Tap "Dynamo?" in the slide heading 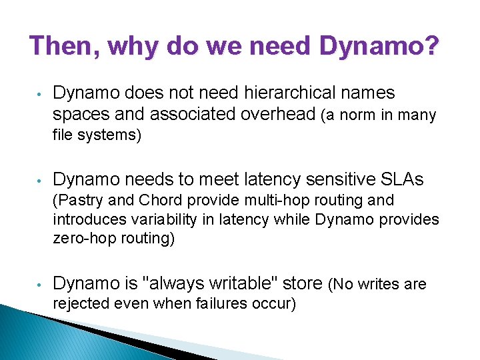click(379, 46)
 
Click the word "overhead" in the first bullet click(279, 115)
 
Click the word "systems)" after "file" click(111, 135)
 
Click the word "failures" click(221, 304)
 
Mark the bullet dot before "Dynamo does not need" click(41, 94)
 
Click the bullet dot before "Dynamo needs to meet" click(41, 180)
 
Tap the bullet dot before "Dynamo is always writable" click(41, 285)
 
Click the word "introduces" click(87, 219)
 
